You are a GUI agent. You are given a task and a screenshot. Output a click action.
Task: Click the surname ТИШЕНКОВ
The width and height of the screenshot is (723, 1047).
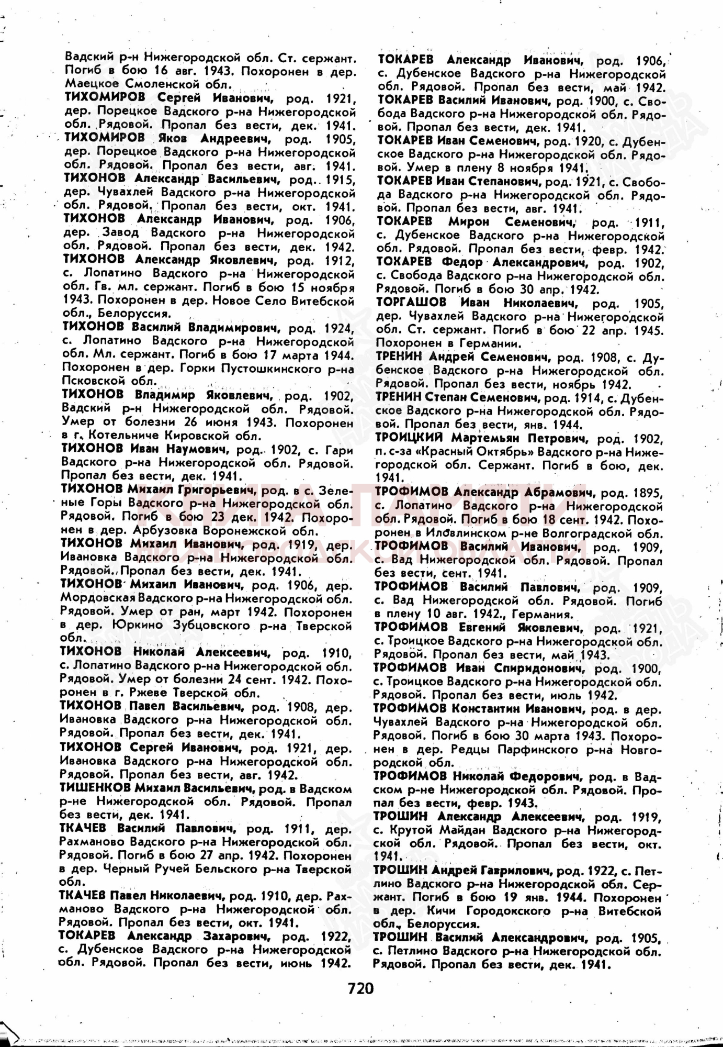tap(95, 788)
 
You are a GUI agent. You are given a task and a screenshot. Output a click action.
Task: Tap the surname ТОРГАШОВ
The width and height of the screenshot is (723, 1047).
tap(411, 303)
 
